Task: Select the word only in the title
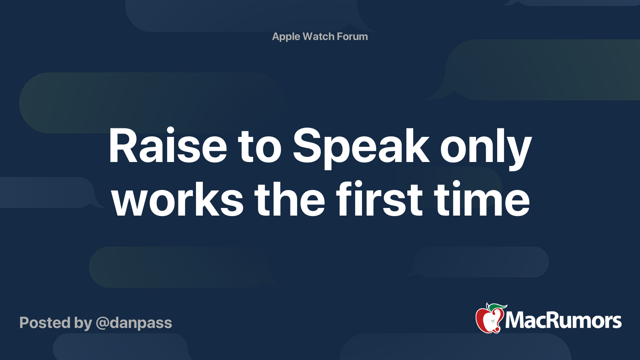coord(486,146)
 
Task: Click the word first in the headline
coord(379,199)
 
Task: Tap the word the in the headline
coord(290,199)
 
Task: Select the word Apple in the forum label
coord(286,37)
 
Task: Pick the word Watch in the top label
coord(318,36)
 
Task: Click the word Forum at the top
coord(352,36)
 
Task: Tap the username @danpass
coord(134,323)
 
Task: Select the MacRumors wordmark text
coord(563,321)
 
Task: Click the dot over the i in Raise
coord(170,131)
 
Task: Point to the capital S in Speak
coord(308,146)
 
